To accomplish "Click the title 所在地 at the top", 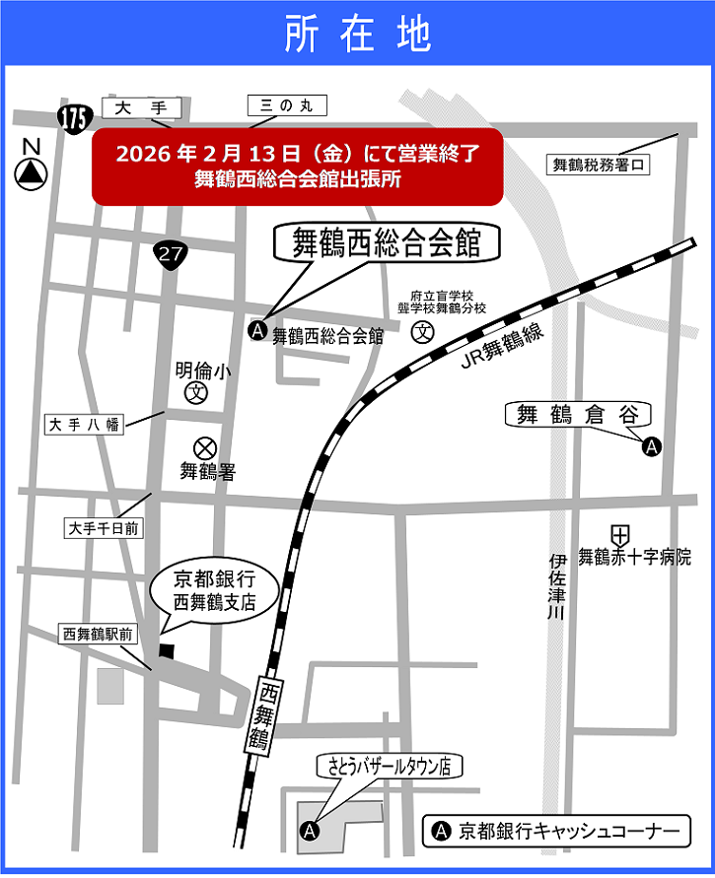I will (x=357, y=34).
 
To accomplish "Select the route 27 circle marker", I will (x=171, y=254).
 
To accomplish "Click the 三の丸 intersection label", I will (x=285, y=105).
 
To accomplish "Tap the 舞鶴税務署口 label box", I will (x=599, y=166).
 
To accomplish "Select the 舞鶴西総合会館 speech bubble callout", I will (x=386, y=243).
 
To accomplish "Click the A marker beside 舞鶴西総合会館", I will (x=257, y=332).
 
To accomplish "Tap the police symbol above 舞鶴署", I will (x=205, y=447).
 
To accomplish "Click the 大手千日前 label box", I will (x=104, y=529).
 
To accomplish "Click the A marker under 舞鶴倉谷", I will (x=651, y=446).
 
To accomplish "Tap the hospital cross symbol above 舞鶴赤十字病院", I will (x=620, y=535).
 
